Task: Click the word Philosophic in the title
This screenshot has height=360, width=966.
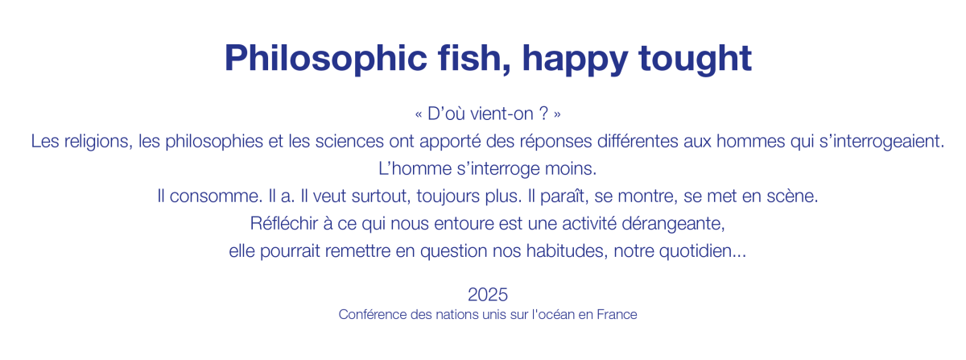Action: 326,59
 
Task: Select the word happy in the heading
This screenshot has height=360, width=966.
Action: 575,60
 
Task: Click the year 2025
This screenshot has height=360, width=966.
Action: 488,295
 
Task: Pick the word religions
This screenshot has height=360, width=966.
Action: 98,142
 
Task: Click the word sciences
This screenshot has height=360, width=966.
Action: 349,141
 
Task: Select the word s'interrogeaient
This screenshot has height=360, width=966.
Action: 881,142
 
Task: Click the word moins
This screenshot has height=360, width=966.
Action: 571,169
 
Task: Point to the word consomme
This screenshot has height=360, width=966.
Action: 216,197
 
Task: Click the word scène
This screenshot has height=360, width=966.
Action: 792,197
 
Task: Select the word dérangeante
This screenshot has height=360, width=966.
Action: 673,225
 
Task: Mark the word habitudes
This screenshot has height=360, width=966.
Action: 567,251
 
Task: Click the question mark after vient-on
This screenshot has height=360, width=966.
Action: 543,114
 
